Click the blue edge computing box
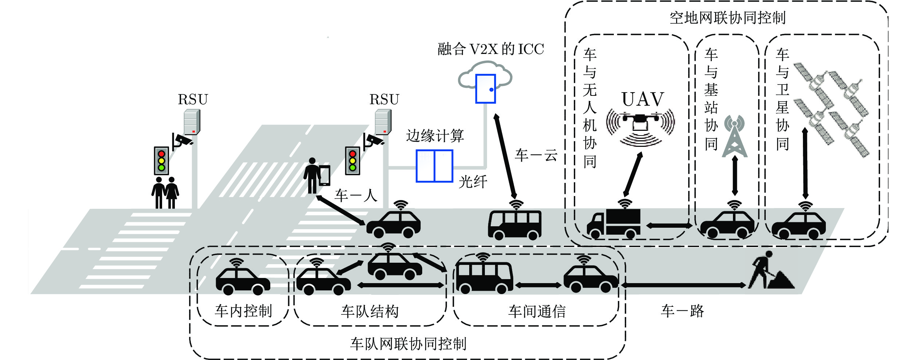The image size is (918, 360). click(x=434, y=166)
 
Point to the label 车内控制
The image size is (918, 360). click(x=243, y=311)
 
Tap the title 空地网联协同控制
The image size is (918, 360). click(x=727, y=17)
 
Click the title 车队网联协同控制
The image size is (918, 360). click(x=408, y=344)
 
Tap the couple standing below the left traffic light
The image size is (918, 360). click(x=165, y=193)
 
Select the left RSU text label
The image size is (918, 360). click(x=193, y=99)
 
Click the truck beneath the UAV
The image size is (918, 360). click(x=614, y=223)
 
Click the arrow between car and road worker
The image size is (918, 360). click(x=683, y=285)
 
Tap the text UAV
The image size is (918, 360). click(x=643, y=99)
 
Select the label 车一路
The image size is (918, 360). click(x=682, y=311)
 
